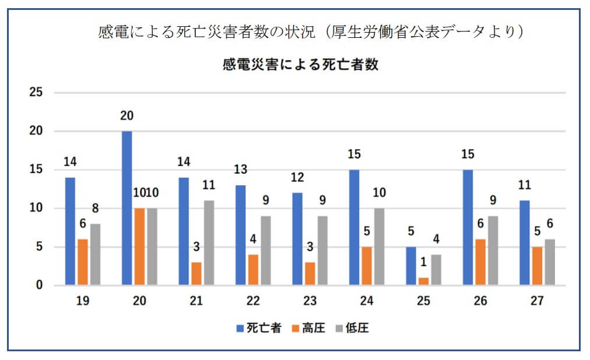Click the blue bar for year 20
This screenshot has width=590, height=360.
[x=127, y=208]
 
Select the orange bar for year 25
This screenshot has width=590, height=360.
[x=424, y=281]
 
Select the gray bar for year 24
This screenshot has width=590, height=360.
[x=380, y=247]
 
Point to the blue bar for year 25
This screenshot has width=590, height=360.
[x=412, y=266]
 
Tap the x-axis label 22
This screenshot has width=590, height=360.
[x=253, y=302]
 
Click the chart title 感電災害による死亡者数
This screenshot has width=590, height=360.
[x=301, y=65]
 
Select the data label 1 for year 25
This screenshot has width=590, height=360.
[x=424, y=263]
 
